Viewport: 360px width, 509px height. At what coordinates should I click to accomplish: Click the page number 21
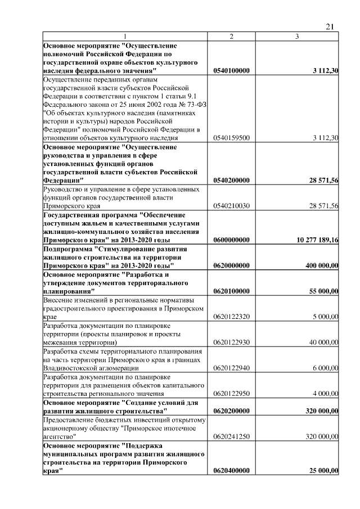click(330, 26)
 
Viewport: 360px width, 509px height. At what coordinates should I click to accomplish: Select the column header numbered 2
click(231, 37)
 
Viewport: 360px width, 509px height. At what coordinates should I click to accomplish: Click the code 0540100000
click(232, 71)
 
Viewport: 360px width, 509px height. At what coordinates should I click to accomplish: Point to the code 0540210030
click(232, 206)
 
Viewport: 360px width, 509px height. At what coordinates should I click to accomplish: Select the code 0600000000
click(232, 240)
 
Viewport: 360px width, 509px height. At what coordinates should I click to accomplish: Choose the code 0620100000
click(232, 291)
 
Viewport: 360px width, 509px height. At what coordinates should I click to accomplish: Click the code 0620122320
click(232, 317)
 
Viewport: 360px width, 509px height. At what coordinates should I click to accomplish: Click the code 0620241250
click(232, 435)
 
